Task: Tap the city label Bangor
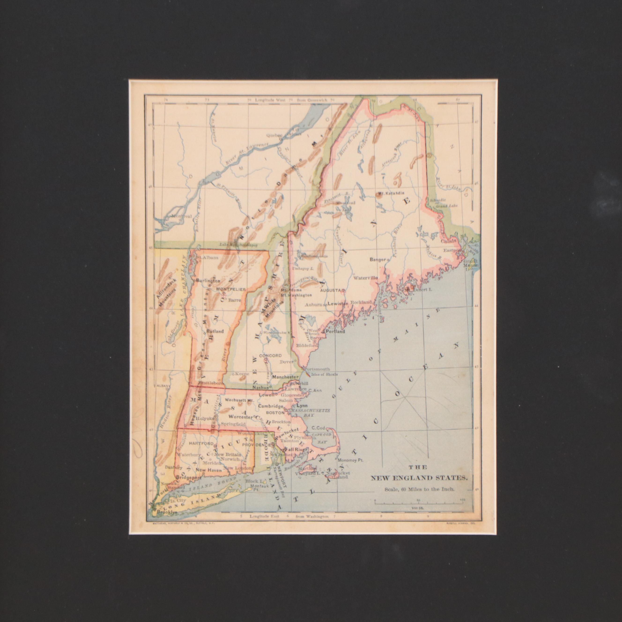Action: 378,259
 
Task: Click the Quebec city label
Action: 274,136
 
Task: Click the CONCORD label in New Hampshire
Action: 270,356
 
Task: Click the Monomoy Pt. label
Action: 350,460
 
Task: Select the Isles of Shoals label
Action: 325,374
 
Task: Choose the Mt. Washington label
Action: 296,295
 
